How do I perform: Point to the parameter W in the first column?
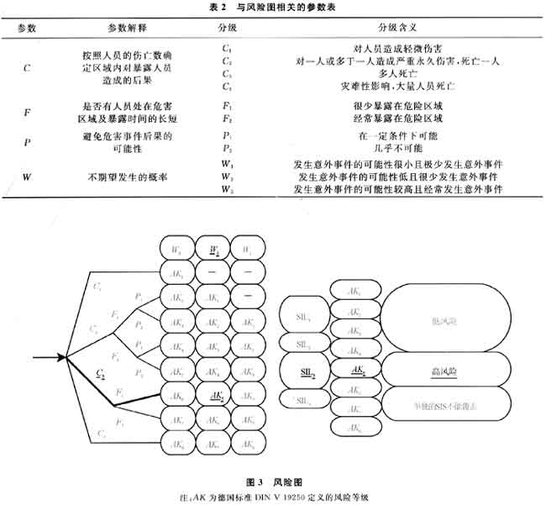coord(28,177)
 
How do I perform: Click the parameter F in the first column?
coord(28,112)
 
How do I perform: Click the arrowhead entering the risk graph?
coord(61,357)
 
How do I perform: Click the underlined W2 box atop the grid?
coord(214,250)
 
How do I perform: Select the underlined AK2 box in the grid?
coord(213,393)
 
